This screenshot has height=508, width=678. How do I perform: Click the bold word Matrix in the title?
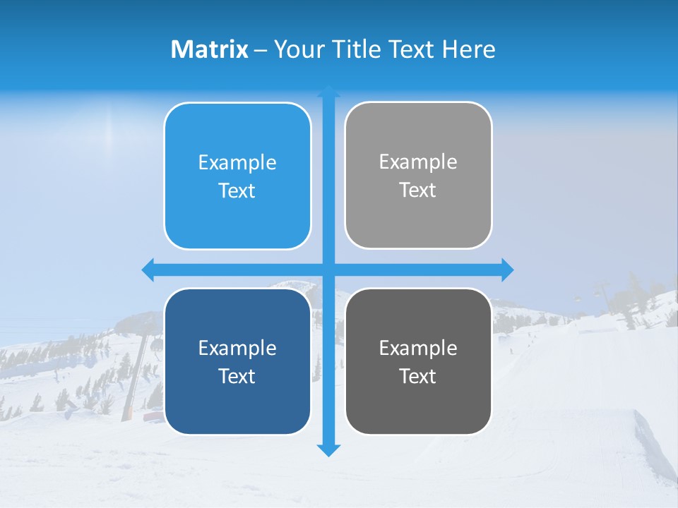(x=210, y=49)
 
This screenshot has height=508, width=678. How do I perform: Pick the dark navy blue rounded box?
(x=237, y=402)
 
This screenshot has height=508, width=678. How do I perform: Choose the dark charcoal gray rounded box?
(x=418, y=402)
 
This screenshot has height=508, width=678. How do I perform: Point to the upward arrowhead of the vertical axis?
(x=328, y=92)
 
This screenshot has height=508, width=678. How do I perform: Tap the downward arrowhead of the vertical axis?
(x=328, y=449)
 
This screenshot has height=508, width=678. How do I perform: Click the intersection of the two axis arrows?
(x=328, y=270)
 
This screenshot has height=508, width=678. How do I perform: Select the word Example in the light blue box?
(x=237, y=163)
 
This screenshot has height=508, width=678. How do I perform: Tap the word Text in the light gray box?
(x=418, y=190)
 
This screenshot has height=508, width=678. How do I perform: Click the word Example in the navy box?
(x=237, y=349)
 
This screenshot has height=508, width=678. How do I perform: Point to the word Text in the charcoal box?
(x=418, y=377)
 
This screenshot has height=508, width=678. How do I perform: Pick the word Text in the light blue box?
(x=237, y=191)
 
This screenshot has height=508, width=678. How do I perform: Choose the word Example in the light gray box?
(x=418, y=162)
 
